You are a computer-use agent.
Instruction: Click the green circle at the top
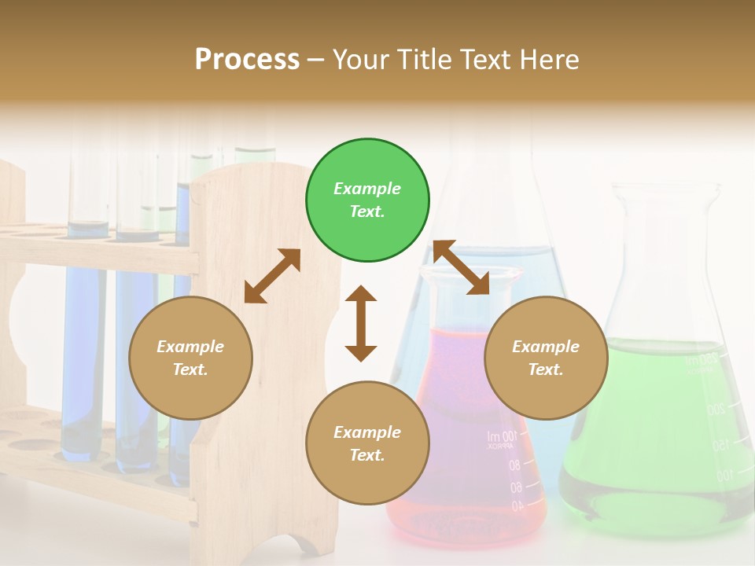click(367, 200)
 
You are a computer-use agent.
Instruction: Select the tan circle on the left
click(190, 358)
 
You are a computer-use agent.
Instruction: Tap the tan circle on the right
click(546, 358)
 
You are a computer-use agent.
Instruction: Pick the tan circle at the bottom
click(367, 443)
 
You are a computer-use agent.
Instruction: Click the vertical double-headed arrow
click(361, 323)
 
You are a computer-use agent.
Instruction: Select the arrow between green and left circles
click(272, 276)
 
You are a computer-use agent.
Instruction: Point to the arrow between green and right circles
click(462, 267)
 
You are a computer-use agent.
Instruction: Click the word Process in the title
click(247, 59)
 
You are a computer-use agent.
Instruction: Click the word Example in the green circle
click(367, 189)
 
